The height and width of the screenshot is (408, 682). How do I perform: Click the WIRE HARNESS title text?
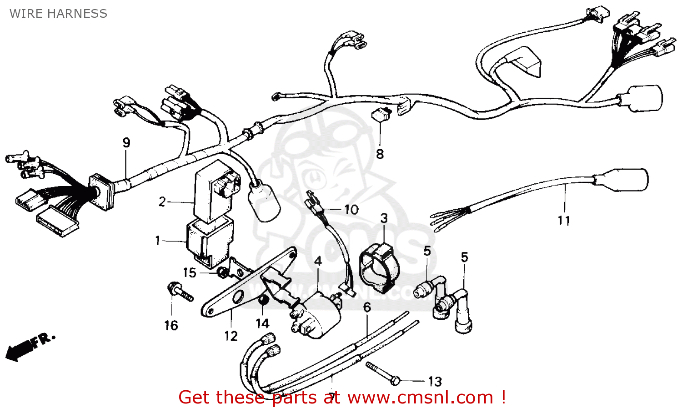coord(58,14)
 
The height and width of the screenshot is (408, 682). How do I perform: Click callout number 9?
coord(126,143)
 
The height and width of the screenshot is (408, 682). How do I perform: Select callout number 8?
coord(380,154)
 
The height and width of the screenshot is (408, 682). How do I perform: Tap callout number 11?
coord(564,221)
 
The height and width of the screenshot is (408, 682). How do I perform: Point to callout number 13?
coord(435,382)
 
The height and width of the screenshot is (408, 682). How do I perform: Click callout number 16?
coord(171,326)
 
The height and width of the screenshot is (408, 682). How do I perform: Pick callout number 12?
coord(231,336)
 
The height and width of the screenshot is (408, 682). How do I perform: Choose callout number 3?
coord(384,218)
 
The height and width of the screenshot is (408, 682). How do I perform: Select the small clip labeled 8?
coord(381,114)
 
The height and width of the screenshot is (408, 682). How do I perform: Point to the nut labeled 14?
coord(263,301)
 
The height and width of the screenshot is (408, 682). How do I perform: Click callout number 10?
coord(351,210)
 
